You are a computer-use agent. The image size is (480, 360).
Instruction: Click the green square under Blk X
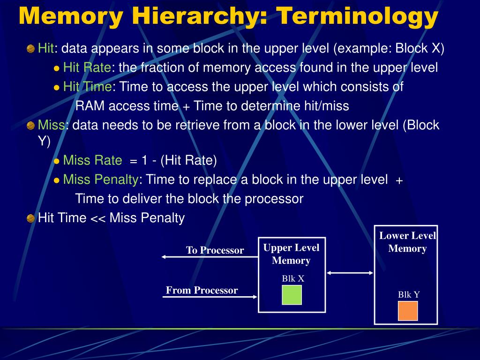point(292,295)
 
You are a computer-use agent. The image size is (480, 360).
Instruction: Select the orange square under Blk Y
point(408,311)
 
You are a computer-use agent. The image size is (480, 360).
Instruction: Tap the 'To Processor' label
point(215,250)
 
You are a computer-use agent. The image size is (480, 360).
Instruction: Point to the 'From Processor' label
point(202,290)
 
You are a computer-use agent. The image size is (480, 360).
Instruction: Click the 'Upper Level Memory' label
point(291,254)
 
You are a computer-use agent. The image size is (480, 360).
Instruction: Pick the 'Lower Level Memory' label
point(407,242)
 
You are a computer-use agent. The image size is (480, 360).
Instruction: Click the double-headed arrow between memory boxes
point(350,272)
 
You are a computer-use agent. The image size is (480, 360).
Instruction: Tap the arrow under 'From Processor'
point(211,297)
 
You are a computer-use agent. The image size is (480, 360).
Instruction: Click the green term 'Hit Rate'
point(87,68)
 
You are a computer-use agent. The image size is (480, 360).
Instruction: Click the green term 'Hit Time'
point(88,87)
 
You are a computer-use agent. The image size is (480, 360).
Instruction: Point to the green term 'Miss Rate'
point(92,161)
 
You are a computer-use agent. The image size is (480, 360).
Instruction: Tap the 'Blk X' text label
point(293,279)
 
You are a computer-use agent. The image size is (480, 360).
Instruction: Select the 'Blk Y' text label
point(409,294)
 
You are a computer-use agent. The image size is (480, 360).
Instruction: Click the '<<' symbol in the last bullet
point(97,218)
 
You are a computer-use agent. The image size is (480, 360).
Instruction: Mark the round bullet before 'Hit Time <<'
point(30,218)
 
